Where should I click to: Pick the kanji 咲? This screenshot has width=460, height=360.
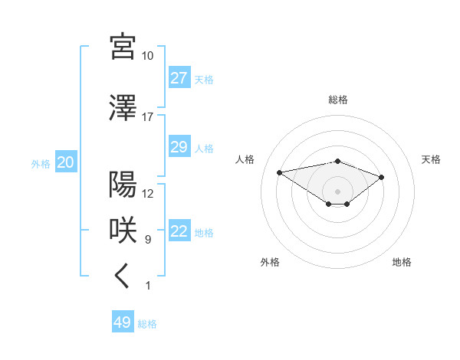(x=123, y=230)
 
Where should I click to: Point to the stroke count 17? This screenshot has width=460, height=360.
(x=147, y=117)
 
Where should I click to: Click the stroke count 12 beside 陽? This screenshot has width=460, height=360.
(x=147, y=194)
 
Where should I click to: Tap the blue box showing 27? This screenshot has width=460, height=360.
(x=179, y=78)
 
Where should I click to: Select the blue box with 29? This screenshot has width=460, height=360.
(x=179, y=147)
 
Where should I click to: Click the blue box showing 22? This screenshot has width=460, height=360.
(x=179, y=231)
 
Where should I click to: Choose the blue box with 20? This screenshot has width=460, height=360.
(x=65, y=162)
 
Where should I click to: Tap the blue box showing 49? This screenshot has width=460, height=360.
(x=123, y=322)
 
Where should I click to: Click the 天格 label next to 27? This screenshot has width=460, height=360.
(x=204, y=79)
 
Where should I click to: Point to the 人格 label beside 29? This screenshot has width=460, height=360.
(x=204, y=148)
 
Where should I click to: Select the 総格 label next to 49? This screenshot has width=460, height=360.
(x=147, y=323)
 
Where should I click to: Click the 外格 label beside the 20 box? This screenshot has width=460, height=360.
(x=41, y=163)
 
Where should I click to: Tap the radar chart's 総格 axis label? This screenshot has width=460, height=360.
(x=337, y=100)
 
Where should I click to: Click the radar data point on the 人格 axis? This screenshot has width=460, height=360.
(x=280, y=172)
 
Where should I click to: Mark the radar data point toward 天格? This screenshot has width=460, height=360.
(x=381, y=177)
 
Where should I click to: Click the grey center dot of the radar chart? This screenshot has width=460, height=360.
(x=337, y=191)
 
